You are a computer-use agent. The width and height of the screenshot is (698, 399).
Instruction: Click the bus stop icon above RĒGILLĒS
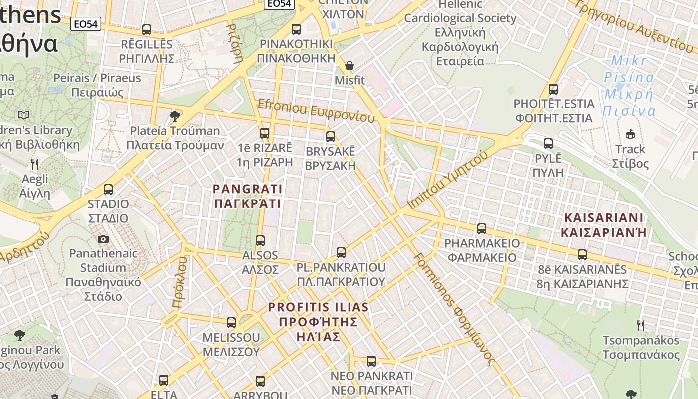tap(146, 30)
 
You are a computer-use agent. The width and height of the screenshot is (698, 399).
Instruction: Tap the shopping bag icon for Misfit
tap(349, 66)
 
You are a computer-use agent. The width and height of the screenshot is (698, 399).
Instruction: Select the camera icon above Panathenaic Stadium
tap(103, 239)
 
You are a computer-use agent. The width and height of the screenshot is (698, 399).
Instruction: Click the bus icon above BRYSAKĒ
tap(330, 137)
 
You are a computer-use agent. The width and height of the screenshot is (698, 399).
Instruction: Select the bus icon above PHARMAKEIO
tap(481, 229)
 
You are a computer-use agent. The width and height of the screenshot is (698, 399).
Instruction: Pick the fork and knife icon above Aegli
tap(35, 164)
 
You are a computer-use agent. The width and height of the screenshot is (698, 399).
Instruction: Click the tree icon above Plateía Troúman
tap(174, 116)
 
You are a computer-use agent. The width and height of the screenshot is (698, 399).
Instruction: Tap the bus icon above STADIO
tap(108, 190)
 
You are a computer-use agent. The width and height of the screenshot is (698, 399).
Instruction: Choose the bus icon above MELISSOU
tap(231, 323)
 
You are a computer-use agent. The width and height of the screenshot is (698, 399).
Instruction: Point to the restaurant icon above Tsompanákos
tap(641, 326)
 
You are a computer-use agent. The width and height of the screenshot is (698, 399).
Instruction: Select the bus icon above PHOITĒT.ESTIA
tap(553, 89)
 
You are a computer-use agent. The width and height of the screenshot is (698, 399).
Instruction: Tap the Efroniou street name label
tap(316, 111)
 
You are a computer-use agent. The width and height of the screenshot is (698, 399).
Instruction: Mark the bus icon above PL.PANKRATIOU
tap(341, 253)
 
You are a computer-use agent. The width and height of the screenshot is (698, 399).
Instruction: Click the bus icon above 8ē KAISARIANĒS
tap(582, 255)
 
